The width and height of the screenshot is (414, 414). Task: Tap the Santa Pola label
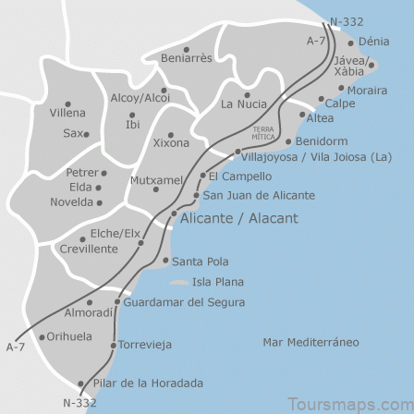coord(196,261)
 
